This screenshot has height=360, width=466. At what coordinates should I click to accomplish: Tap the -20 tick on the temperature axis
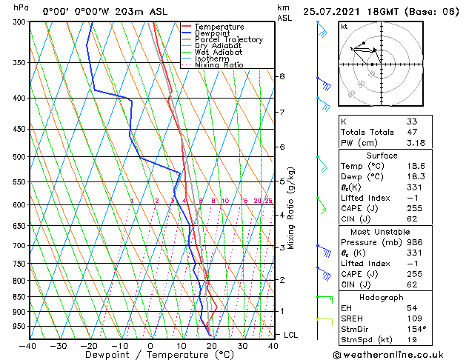click(x=89, y=345)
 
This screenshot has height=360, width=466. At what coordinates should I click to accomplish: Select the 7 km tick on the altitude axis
click(x=282, y=112)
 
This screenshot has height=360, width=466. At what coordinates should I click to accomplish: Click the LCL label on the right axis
click(x=291, y=335)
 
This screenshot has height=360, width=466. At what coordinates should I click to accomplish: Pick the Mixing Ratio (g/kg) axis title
click(x=291, y=208)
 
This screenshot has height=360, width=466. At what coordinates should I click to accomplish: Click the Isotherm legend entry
click(x=211, y=59)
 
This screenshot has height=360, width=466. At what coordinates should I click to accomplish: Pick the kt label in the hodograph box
click(x=344, y=27)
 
